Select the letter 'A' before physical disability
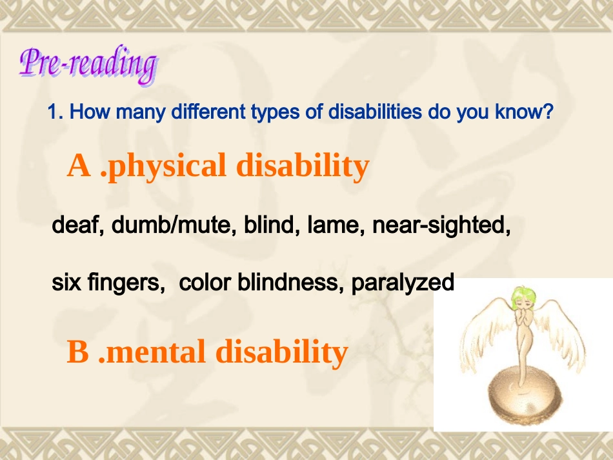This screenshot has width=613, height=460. tap(79, 166)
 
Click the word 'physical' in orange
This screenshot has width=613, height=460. tap(167, 166)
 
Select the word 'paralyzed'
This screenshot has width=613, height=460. tap(403, 284)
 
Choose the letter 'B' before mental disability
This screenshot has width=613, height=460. tap(77, 352)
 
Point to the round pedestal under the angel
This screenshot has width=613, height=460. tap(522, 400)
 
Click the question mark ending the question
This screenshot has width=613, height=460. tap(548, 112)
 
